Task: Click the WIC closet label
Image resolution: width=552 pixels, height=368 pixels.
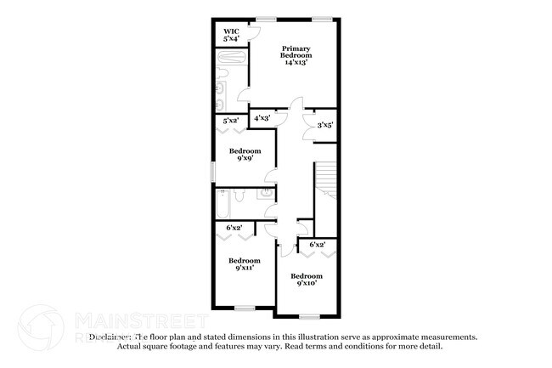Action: pos(231,36)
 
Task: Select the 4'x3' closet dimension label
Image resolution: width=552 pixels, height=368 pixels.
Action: pos(262,118)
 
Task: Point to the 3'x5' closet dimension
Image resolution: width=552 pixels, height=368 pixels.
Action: pos(324,125)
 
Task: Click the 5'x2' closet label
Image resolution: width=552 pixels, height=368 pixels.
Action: pos(230,122)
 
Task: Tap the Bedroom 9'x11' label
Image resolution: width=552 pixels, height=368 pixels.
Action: pos(244,263)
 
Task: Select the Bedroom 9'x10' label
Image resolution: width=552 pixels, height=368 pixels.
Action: pos(307,279)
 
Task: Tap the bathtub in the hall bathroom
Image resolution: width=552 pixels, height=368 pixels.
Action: pos(222,205)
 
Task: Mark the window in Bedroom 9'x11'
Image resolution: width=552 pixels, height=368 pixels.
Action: pos(245,307)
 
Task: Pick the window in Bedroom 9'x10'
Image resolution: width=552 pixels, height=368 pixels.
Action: pos(309,315)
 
